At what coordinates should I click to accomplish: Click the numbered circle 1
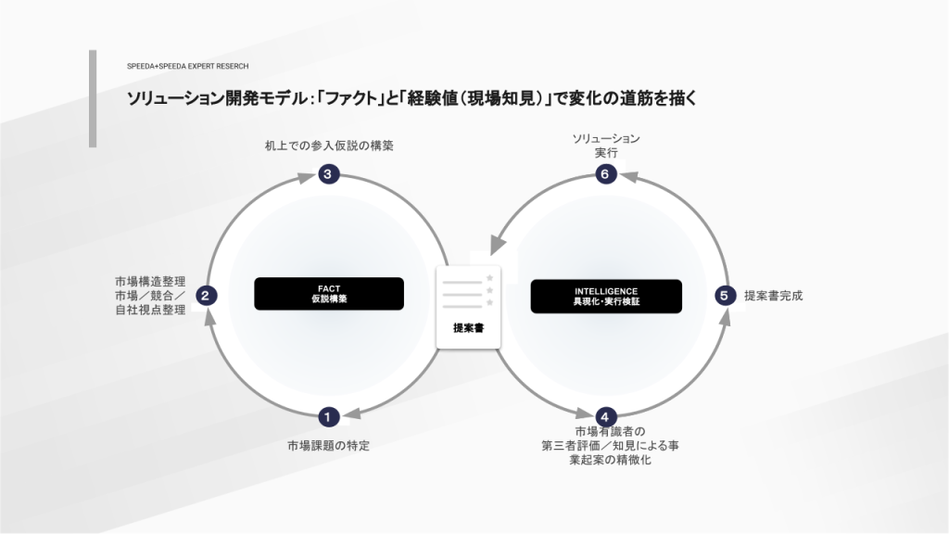[328, 416]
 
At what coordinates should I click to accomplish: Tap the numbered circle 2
[206, 296]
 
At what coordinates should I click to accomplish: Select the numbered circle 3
[328, 174]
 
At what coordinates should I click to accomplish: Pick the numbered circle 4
[604, 416]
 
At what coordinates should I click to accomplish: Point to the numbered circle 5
[725, 296]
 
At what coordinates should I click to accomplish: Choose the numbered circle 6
[604, 174]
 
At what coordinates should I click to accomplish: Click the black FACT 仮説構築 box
[329, 294]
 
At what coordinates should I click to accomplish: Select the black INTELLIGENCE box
[606, 296]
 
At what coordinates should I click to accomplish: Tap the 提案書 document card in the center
[468, 307]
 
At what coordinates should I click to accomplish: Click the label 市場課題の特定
[328, 446]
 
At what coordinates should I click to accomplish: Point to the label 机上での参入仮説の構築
[329, 146]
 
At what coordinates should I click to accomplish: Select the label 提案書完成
[773, 296]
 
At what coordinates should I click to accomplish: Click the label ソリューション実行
[606, 146]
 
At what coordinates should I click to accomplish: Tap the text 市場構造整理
[150, 282]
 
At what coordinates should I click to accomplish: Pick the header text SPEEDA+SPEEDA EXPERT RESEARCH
[187, 66]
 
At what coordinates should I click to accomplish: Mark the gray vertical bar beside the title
[93, 98]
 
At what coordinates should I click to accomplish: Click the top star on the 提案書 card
[489, 278]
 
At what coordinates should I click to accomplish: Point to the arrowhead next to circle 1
[351, 413]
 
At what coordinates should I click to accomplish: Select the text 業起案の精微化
[610, 460]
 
